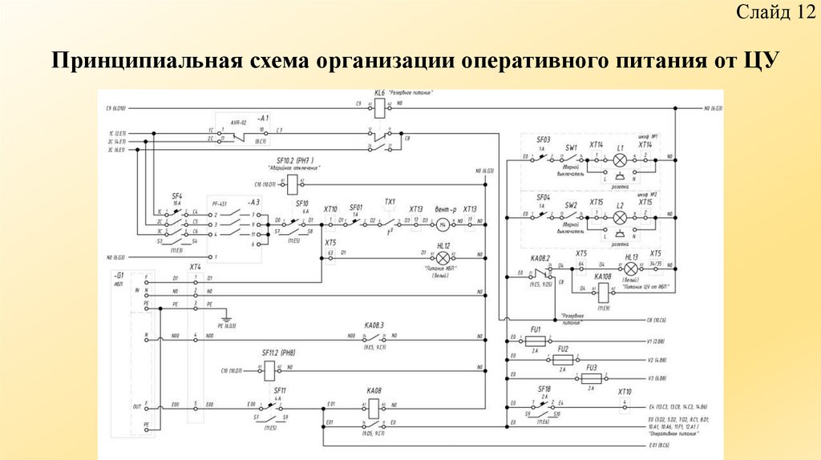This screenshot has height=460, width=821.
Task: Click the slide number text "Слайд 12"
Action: pos(776,13)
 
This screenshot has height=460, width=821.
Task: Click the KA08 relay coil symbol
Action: pos(373,406)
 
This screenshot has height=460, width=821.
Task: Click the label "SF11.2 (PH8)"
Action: pos(281,353)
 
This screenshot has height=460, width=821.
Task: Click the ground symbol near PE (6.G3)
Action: pos(227,315)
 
